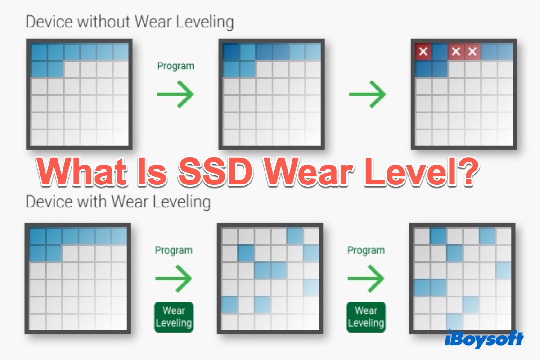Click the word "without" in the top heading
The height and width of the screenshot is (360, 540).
coord(104,22)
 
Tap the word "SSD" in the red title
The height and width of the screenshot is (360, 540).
coord(216,172)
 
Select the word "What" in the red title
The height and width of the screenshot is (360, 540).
coord(82,172)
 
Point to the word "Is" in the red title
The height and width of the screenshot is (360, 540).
coord(153,172)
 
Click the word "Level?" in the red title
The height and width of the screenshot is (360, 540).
coord(421,172)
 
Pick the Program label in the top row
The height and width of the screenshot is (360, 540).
coord(176,66)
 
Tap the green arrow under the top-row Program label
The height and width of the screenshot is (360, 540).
coord(175,94)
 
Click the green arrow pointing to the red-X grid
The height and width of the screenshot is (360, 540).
coord(368,94)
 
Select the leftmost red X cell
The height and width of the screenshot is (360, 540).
coord(423,51)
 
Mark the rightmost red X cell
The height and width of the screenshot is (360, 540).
coord(472,51)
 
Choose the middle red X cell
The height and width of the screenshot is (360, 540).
coord(456,51)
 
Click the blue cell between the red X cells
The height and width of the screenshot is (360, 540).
coord(440,51)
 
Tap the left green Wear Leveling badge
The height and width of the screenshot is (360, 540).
coord(174,317)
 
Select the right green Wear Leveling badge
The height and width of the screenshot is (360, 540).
coord(366,317)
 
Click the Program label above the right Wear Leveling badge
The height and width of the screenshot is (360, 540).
coord(366,250)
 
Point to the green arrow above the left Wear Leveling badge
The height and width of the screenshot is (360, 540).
coord(174,279)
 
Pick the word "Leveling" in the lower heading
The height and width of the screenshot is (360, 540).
coord(181,202)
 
